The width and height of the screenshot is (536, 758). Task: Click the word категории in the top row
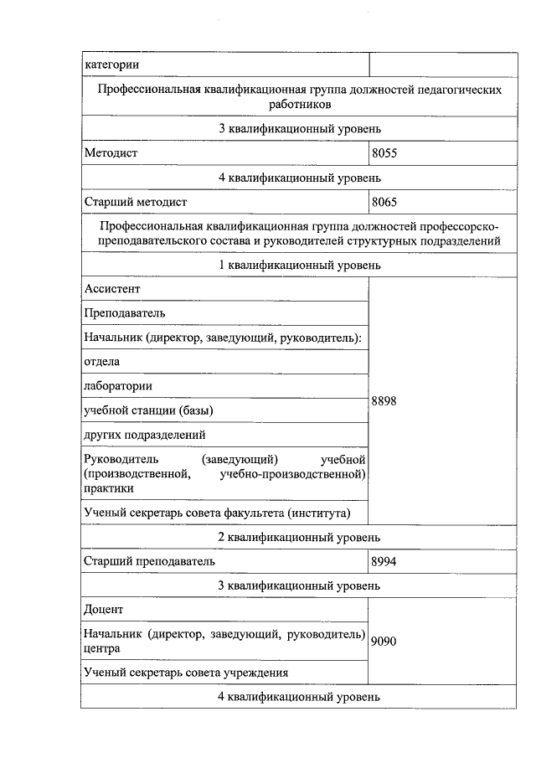(x=111, y=64)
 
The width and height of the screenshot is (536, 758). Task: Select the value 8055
(x=384, y=153)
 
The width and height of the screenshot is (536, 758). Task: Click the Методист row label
(x=111, y=153)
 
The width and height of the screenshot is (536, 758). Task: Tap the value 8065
(x=384, y=202)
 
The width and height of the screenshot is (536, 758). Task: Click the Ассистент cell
(x=112, y=289)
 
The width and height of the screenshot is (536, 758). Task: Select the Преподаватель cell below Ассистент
(x=125, y=313)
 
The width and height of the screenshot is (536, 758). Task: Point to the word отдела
(x=102, y=362)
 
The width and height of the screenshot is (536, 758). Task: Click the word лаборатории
(x=118, y=386)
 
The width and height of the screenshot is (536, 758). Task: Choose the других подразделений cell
(x=145, y=435)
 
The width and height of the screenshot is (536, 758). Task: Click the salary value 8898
(x=384, y=401)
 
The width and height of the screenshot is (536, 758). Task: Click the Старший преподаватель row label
(x=150, y=561)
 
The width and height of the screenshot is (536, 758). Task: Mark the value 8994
(x=384, y=561)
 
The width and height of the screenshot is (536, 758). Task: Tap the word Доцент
(x=104, y=609)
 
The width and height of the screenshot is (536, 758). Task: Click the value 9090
(x=384, y=641)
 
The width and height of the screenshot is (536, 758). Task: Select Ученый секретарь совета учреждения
(x=187, y=673)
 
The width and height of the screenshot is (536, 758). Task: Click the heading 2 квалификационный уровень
(x=299, y=537)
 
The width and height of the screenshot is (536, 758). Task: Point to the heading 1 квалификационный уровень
(x=299, y=266)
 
